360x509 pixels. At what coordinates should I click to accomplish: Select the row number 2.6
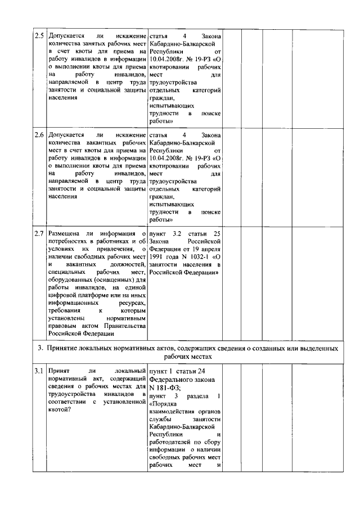click(39, 136)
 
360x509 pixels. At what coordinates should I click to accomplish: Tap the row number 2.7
click(39, 233)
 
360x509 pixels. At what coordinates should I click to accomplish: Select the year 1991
click(158, 256)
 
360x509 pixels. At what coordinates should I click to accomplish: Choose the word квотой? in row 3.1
click(60, 409)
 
